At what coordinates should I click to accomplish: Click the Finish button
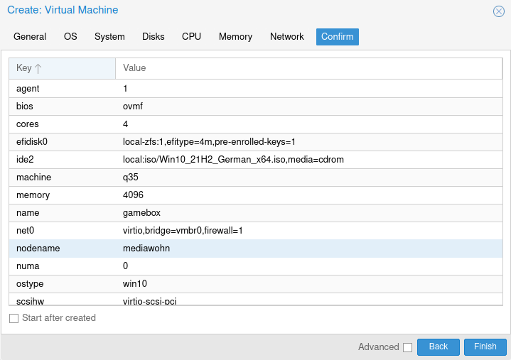[485, 347]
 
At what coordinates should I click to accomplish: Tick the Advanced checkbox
[407, 347]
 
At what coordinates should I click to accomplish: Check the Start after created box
[14, 318]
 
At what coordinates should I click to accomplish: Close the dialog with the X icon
[499, 11]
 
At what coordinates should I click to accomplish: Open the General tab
[30, 37]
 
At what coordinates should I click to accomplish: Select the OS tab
[70, 37]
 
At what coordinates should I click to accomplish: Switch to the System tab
[109, 37]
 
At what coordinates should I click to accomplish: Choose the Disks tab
[154, 37]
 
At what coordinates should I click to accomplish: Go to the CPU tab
[192, 37]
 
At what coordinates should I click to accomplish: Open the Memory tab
[235, 37]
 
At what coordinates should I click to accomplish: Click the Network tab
[287, 37]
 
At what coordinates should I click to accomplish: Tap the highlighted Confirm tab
[338, 37]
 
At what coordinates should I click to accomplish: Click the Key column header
[62, 68]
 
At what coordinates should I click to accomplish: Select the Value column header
[309, 68]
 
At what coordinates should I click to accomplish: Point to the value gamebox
[141, 213]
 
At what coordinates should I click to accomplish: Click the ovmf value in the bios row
[133, 107]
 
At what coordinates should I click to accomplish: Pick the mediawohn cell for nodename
[146, 249]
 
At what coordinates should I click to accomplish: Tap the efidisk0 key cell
[32, 142]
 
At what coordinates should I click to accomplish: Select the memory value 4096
[134, 195]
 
